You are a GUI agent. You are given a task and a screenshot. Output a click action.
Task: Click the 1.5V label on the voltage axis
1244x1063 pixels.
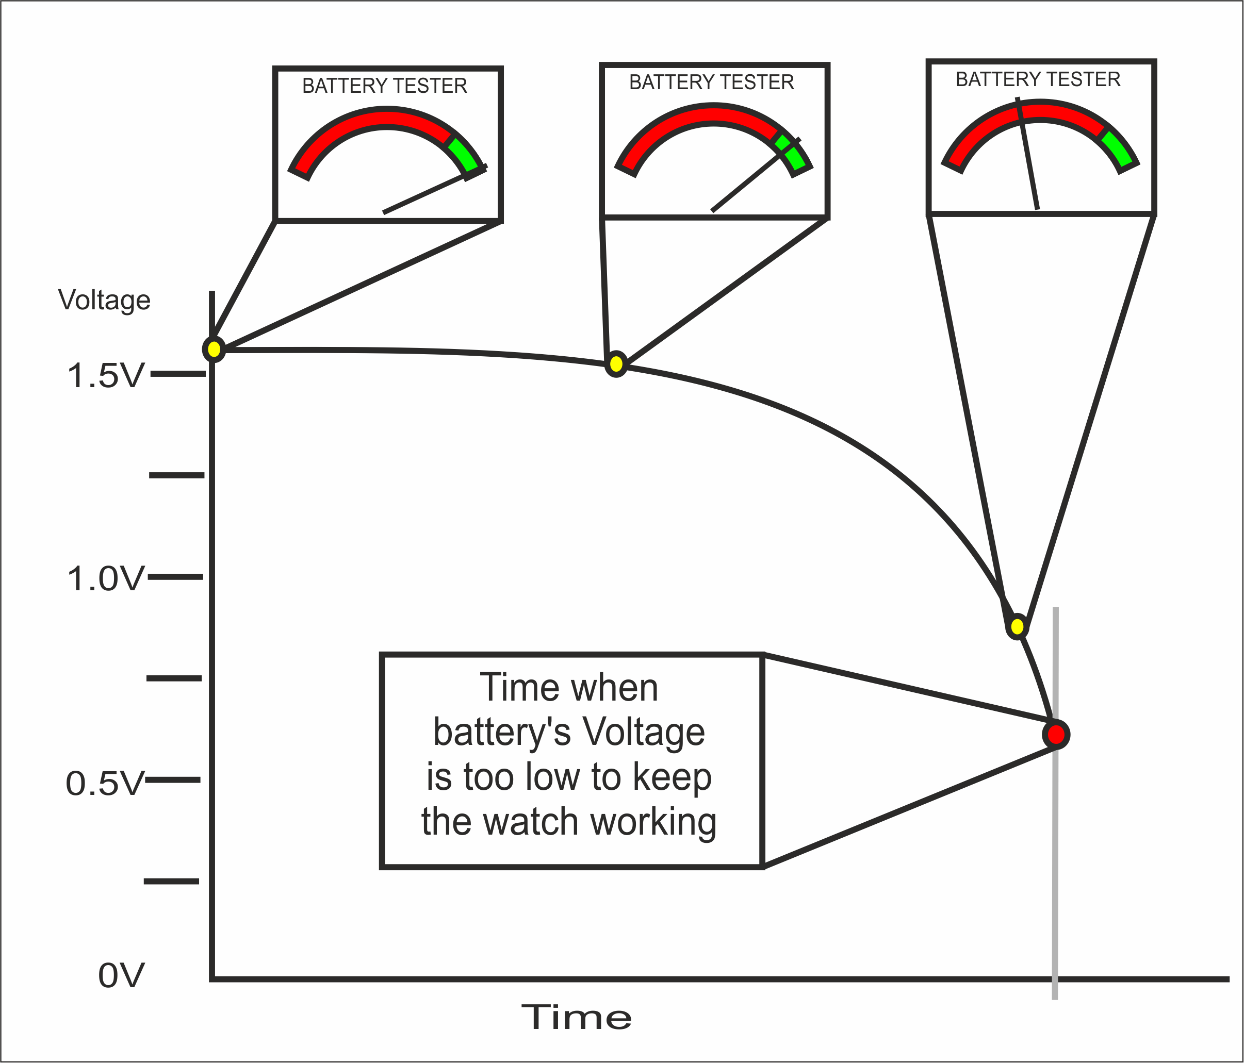coord(106,376)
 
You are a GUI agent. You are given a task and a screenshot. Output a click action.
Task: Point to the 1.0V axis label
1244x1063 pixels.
coord(106,579)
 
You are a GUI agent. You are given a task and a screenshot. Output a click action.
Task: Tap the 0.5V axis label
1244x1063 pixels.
coord(105,783)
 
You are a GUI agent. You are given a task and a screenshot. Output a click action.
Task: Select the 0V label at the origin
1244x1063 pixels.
coord(121,975)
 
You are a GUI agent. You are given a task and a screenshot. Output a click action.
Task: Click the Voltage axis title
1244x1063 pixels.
coord(104,300)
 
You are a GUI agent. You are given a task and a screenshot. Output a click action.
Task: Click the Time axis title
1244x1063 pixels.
coord(577,1018)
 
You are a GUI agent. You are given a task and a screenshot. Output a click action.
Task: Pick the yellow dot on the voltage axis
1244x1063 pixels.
coord(214,348)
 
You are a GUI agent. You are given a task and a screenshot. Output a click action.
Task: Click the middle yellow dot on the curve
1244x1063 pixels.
coord(616,364)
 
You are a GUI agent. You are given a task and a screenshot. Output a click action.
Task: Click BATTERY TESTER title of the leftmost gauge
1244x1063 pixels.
coord(384,86)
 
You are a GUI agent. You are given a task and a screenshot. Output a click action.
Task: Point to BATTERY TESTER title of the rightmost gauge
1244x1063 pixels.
coord(1038,79)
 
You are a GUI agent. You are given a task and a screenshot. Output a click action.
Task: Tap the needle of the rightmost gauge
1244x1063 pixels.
coord(1028,156)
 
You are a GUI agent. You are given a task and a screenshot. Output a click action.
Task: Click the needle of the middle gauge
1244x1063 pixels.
coord(750,179)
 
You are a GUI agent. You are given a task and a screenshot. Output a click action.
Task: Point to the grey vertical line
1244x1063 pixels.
coord(1055,870)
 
